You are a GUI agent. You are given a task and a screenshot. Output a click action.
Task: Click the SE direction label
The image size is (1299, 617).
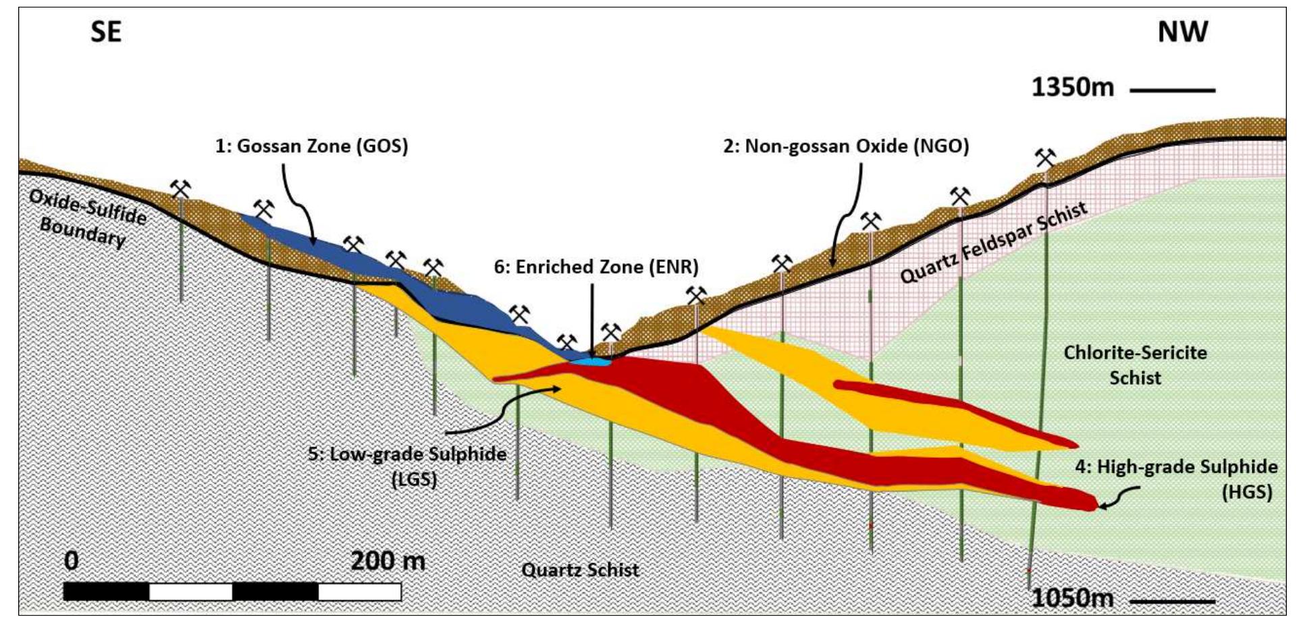pos(106,32)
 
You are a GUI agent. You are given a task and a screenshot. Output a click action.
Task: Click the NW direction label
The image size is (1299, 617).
pos(1182,32)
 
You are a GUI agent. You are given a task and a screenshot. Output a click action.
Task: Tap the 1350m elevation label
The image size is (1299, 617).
pos(1072,88)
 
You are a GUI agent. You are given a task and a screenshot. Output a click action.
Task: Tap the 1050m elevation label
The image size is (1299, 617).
pos(1072,598)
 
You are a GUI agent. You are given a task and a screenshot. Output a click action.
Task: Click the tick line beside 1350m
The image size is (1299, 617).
pos(1172,90)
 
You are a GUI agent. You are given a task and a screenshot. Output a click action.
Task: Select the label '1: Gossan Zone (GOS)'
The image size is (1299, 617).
pos(311,146)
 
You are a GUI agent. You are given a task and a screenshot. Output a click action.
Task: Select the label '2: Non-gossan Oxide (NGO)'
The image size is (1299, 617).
pos(846,146)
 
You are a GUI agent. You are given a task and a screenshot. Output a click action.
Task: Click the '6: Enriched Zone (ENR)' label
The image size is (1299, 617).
pos(596,267)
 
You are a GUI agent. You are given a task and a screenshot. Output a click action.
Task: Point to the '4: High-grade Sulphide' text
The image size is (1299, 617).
pos(1176,467)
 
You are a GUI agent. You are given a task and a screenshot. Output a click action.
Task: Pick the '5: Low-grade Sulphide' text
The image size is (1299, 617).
pos(407,454)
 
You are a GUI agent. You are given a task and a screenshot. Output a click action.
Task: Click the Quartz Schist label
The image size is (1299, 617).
pos(580,570)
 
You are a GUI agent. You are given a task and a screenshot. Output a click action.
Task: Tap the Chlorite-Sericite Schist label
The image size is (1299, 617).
pos(1136,365)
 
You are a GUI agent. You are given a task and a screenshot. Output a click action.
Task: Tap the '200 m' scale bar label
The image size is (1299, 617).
pos(388,560)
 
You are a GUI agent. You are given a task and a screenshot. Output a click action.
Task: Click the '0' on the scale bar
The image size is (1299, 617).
pos(71,560)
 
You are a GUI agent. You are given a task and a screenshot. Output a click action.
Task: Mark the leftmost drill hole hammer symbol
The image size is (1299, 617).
pos(180,189)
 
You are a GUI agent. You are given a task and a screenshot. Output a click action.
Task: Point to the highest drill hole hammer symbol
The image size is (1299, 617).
pos(1045,159)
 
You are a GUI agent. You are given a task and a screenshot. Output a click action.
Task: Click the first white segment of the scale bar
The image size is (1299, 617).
pos(190,592)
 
